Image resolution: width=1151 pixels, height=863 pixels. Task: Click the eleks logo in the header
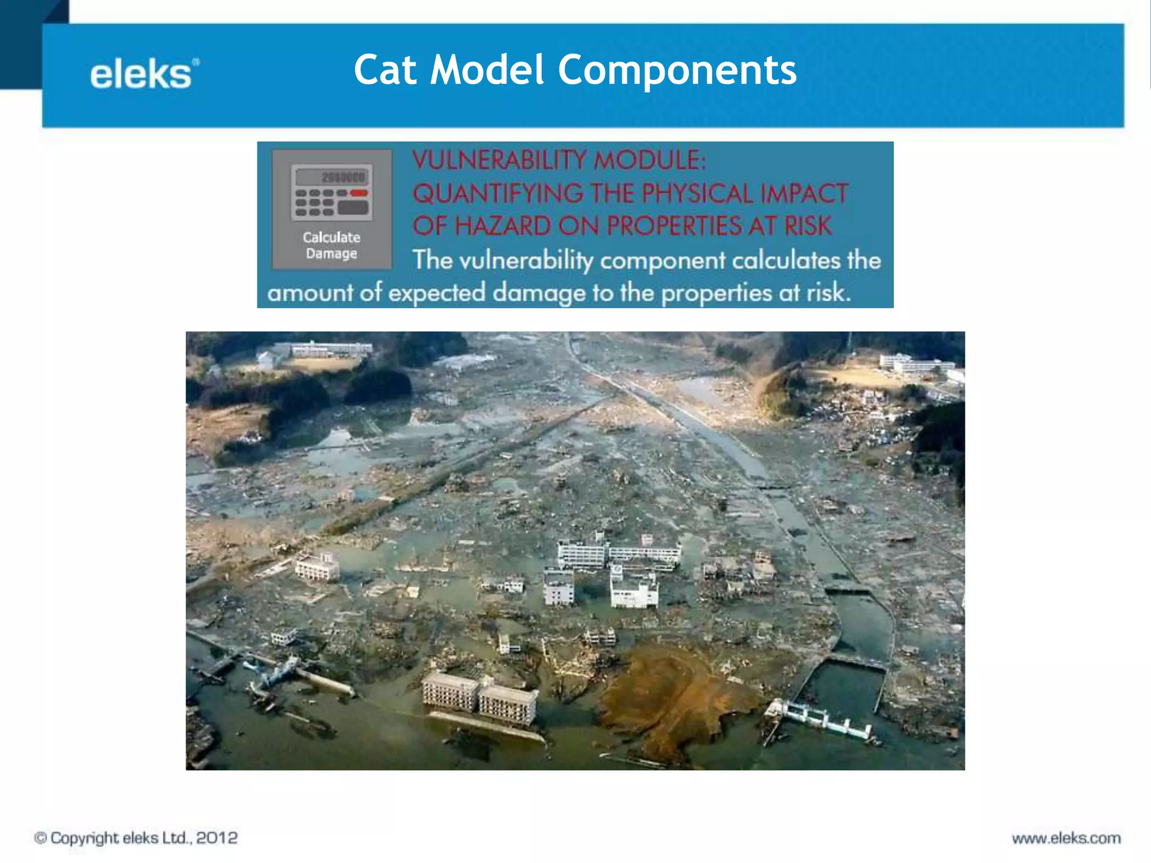coord(144,74)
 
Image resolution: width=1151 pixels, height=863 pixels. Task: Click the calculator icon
coord(332,192)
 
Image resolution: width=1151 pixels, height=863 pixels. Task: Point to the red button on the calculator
coord(359,193)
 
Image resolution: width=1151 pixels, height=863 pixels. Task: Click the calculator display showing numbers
coord(332,177)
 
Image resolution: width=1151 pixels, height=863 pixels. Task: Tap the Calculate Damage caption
coord(332,246)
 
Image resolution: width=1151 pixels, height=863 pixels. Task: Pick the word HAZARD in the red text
coord(503,226)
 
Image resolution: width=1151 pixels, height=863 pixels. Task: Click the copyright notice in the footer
coord(136,838)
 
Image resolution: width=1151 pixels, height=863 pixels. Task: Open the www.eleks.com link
coord(1066,838)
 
